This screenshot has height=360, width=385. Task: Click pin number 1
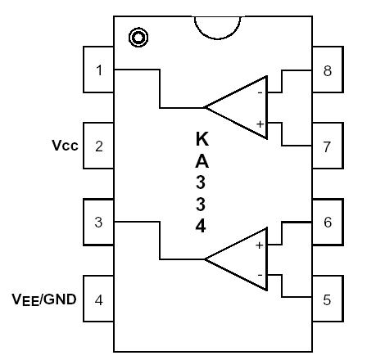[99, 70]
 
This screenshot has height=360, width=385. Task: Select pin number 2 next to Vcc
[99, 146]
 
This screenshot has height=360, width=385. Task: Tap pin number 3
[99, 222]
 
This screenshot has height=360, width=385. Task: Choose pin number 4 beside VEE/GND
[99, 299]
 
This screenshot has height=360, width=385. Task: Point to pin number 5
[327, 299]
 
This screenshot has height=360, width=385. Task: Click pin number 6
[327, 223]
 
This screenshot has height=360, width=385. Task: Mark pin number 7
[327, 146]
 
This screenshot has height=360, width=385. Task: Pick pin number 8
[327, 70]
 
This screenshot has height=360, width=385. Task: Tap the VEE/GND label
[44, 299]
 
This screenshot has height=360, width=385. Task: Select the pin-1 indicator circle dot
[138, 37]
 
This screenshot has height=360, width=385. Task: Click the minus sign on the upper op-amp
[260, 92]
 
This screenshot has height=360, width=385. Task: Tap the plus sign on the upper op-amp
[260, 123]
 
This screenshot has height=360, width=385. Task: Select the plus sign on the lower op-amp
[260, 245]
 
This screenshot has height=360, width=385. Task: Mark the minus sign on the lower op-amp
[260, 275]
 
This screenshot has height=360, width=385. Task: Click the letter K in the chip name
[200, 140]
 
